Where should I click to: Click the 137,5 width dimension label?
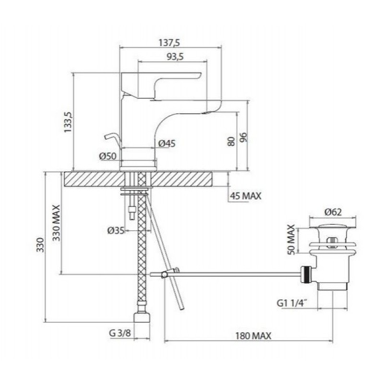click(x=169, y=43)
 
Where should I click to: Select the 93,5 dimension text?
click(x=175, y=57)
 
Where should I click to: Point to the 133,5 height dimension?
click(x=68, y=122)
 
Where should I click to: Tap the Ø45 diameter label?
click(x=167, y=143)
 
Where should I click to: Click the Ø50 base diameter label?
click(x=108, y=156)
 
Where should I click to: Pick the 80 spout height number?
click(x=231, y=142)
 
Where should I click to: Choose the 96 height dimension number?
click(x=243, y=137)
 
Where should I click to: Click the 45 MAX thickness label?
click(x=246, y=196)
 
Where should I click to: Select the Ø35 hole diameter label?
click(x=116, y=230)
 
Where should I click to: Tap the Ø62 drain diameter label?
click(x=333, y=212)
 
